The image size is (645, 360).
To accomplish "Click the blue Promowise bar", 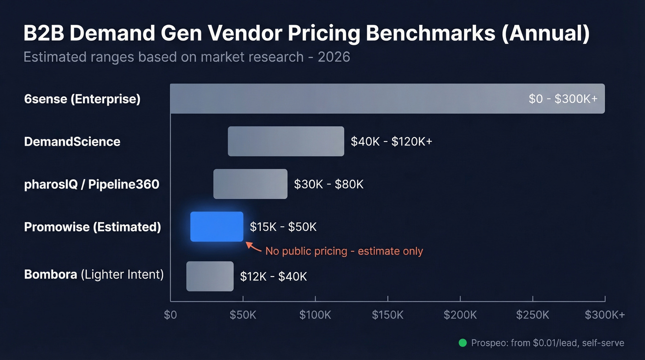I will pos(217,226).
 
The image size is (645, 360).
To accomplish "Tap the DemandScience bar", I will pos(286,141).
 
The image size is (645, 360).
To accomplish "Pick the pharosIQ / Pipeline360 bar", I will pos(250,184).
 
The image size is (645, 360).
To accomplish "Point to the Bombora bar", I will pos(210,276).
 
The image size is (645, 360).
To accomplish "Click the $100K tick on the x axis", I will pos(315,315).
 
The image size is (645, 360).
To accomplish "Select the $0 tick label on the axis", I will pos(170,315).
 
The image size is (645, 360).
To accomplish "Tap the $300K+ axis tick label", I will pos(604,315).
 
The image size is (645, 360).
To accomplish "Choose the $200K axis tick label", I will pos(460,315).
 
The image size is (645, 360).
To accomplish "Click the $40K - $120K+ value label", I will pos(391,142).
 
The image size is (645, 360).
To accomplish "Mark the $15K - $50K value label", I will pos(283,227).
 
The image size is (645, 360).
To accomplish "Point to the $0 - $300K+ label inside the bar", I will pos(563,99).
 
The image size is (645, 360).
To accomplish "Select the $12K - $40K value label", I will pos(273,277).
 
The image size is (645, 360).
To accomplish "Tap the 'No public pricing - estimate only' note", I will pos(344,251).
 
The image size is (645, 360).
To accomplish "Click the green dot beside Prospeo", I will pos(463,343).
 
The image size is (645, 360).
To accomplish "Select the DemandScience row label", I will pos(72,142).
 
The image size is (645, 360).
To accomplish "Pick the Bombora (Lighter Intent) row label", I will pos(94,275).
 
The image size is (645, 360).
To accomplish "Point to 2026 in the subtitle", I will pos(334,57).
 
